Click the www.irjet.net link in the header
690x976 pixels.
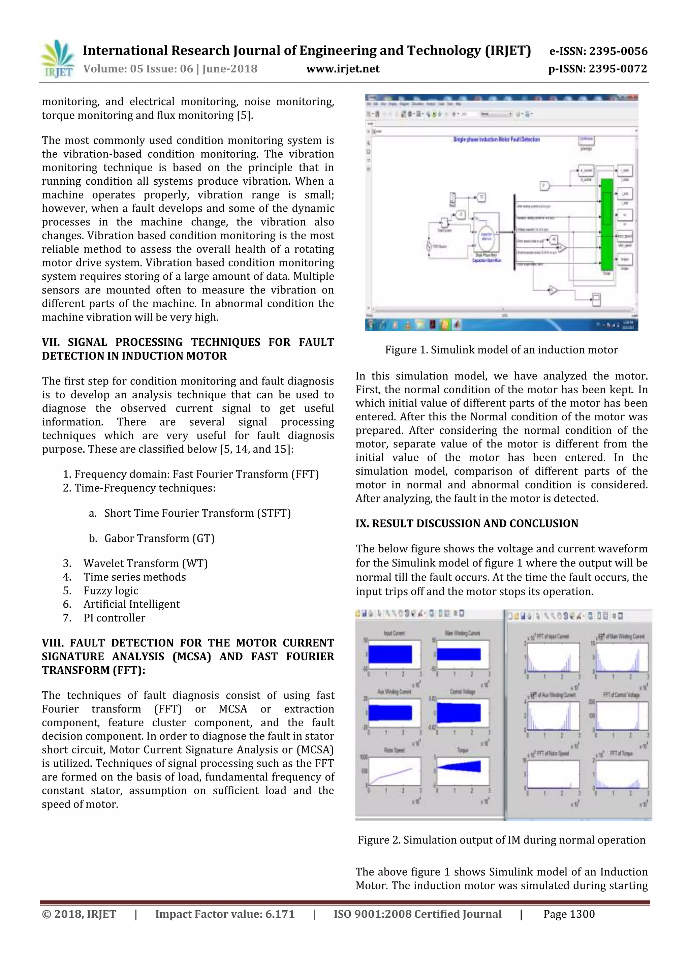pos(343,69)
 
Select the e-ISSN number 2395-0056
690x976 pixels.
pos(598,52)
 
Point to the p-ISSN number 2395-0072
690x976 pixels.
pos(598,69)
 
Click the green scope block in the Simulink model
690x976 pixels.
pos(607,224)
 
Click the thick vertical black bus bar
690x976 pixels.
pos(514,232)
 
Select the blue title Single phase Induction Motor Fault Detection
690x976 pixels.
pos(496,140)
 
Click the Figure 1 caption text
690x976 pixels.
pos(501,350)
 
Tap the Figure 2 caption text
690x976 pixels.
pos(501,840)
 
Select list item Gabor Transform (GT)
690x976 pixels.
pos(159,538)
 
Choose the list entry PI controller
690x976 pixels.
pos(114,618)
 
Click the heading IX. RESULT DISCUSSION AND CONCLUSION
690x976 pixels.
pos(467,523)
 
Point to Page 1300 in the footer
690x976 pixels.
pos(569,914)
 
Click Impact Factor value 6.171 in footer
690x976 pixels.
pos(225,914)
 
